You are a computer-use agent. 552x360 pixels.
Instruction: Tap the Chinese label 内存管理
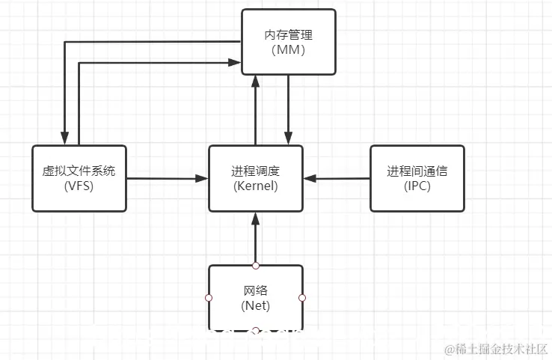[x=289, y=34]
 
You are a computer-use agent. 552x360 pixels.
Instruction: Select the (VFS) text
[x=79, y=186]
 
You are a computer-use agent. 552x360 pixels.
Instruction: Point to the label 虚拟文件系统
[x=79, y=171]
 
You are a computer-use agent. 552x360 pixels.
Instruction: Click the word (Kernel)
[x=255, y=186]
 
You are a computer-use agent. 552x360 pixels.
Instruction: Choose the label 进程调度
[x=255, y=171]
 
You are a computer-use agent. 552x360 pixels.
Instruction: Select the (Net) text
[x=255, y=305]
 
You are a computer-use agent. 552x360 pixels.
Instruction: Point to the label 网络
[x=255, y=291]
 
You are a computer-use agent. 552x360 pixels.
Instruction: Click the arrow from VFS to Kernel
[x=166, y=178]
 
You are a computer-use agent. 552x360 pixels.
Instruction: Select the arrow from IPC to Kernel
[x=337, y=178]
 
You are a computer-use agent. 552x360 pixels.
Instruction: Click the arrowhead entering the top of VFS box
[x=65, y=139]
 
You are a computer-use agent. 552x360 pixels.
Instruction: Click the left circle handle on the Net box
[x=208, y=298]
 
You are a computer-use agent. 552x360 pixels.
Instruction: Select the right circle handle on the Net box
[x=302, y=298]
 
